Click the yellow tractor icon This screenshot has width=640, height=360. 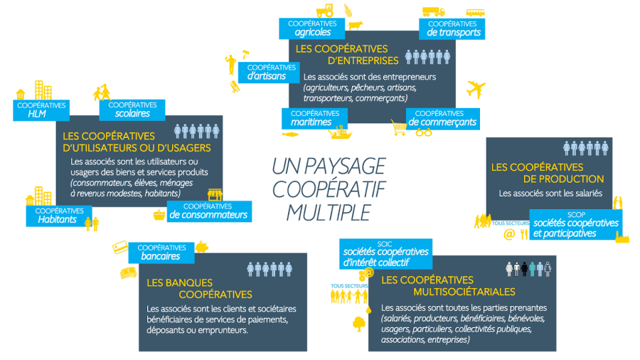tap(325, 11)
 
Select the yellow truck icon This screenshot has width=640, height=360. tap(433, 11)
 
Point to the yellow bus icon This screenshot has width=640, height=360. tap(476, 12)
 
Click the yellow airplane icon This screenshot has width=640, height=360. tap(476, 90)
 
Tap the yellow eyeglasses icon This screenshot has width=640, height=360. tap(424, 132)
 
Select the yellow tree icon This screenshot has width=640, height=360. tap(358, 324)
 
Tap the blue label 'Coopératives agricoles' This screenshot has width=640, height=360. tap(312, 28)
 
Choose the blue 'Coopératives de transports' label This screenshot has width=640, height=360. tap(453, 28)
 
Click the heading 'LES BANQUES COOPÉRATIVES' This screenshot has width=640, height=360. tap(199, 288)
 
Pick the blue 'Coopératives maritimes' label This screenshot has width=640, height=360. tap(311, 118)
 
